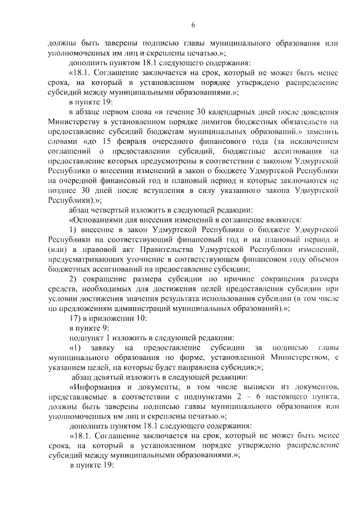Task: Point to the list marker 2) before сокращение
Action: click(73, 280)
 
